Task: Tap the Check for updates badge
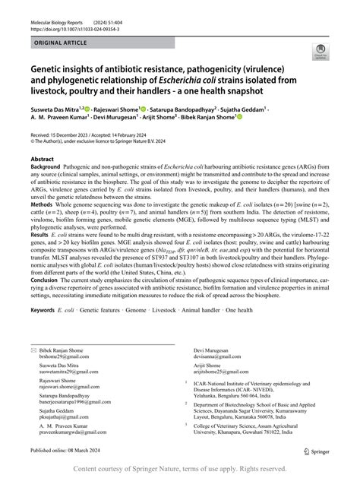coord(321,52)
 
